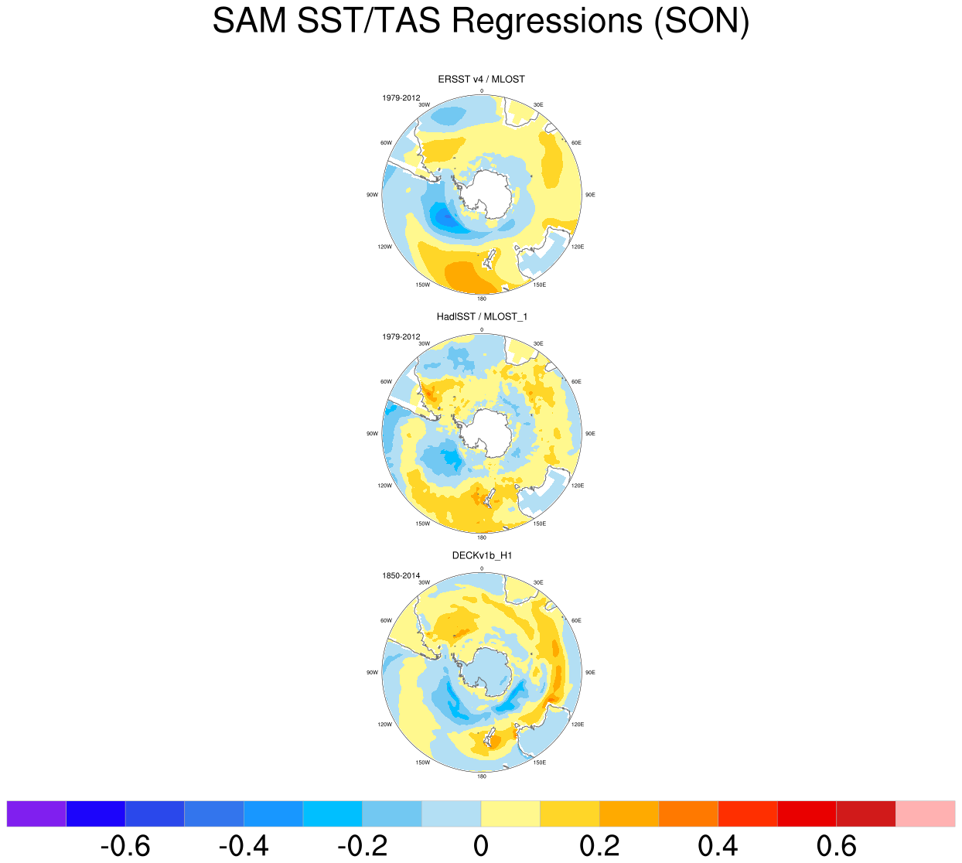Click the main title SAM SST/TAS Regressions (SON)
(x=481, y=22)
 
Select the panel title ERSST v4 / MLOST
(x=481, y=79)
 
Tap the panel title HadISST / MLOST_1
(x=481, y=316)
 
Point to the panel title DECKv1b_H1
(x=482, y=555)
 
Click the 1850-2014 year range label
(x=401, y=575)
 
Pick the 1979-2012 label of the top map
(x=401, y=98)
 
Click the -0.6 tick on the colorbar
(x=125, y=846)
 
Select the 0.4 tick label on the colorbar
(x=718, y=846)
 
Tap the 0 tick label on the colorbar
(x=481, y=846)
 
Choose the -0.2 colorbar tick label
(x=362, y=846)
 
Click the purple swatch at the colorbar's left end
(x=36, y=814)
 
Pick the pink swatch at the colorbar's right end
(x=925, y=814)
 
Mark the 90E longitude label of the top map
(x=590, y=195)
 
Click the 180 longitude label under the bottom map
(x=482, y=776)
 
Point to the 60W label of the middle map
(x=386, y=382)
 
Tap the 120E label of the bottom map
(x=577, y=725)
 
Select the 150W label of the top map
(x=422, y=285)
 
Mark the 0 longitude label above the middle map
(x=482, y=329)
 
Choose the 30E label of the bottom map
(x=538, y=582)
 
